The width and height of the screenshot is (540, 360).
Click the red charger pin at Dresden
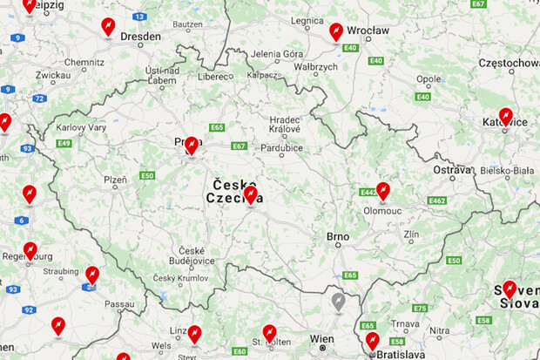click(x=108, y=27)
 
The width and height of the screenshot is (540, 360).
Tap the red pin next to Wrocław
click(x=336, y=31)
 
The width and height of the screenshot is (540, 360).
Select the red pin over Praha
click(x=192, y=146)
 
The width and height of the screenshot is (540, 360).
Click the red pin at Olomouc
click(x=382, y=192)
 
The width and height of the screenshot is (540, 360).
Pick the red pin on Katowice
click(x=505, y=116)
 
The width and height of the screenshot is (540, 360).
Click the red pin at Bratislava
click(x=373, y=341)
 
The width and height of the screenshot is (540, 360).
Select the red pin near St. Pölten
click(x=269, y=333)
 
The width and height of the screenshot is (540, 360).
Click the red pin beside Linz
click(x=194, y=334)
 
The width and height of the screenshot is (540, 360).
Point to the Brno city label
click(x=337, y=236)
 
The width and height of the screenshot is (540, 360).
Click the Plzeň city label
click(x=115, y=180)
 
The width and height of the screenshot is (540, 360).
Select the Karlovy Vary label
click(x=81, y=127)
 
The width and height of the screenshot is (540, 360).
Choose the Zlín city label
click(x=411, y=234)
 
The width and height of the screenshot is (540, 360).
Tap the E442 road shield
click(x=368, y=192)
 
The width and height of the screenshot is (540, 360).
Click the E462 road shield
click(x=436, y=200)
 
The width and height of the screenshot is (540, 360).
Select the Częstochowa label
click(x=510, y=63)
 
